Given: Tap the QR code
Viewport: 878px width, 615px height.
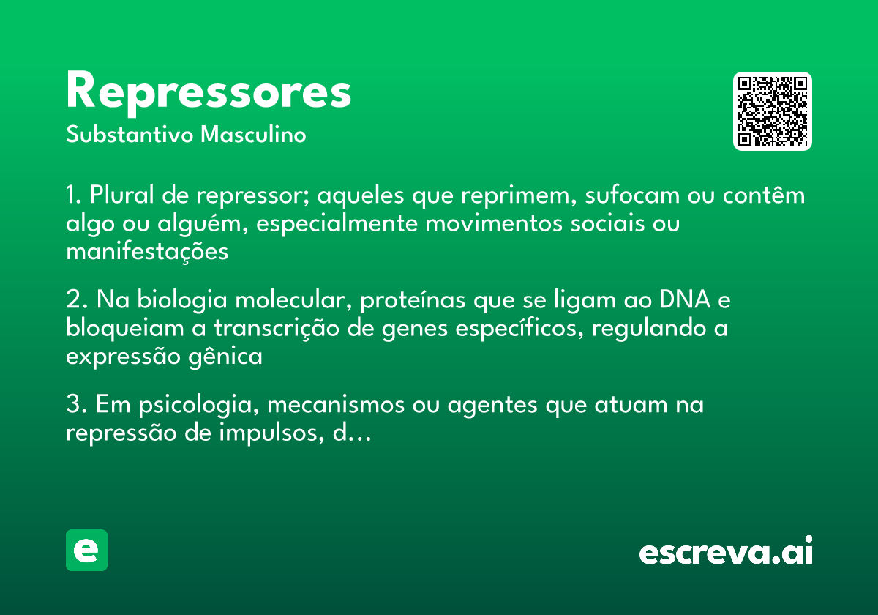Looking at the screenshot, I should click(773, 111).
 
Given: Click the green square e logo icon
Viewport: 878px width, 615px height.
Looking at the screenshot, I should click(86, 550).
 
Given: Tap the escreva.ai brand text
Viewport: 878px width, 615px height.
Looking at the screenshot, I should click(726, 552).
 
